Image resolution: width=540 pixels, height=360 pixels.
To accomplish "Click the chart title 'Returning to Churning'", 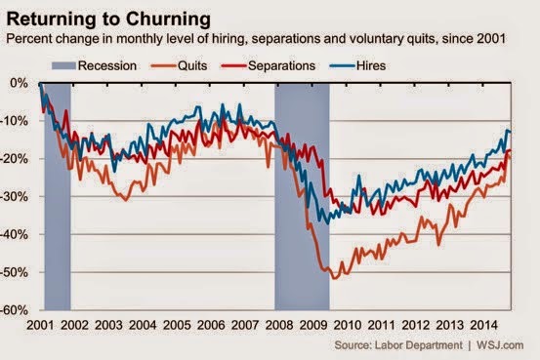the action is pos(108,19).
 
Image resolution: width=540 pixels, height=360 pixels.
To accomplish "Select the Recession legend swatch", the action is pos(63,65).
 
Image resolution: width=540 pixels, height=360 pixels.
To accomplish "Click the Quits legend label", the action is pos(192,65).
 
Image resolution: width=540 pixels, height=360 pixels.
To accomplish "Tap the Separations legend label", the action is pos(281,65).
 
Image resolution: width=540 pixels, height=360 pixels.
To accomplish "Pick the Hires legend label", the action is pos(370,65).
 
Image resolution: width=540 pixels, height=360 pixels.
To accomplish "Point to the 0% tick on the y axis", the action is pos(19,83).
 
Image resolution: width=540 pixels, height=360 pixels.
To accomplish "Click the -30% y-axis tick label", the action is pos(14,196).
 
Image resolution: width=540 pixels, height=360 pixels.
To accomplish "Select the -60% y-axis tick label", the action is pos(14,310).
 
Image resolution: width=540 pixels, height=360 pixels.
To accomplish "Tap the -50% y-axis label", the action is pos(14,272).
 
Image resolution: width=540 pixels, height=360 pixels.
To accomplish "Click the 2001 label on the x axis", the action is pos(40,325).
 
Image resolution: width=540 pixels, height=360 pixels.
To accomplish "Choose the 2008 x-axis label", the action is pos(279,325).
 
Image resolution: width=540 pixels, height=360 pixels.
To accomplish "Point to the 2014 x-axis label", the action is pos(484,325).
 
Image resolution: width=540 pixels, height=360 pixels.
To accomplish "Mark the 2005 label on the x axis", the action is pos(177,325).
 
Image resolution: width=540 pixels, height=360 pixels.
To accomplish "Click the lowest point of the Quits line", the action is pos(333,278).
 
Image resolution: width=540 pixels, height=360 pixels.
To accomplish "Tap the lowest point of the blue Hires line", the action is pos(327,223).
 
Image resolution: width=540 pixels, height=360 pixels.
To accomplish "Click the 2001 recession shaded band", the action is pos(58,196).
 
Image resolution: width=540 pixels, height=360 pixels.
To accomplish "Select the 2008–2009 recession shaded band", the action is pos(302,196).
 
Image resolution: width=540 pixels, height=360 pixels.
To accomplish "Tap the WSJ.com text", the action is pos(500,345).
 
